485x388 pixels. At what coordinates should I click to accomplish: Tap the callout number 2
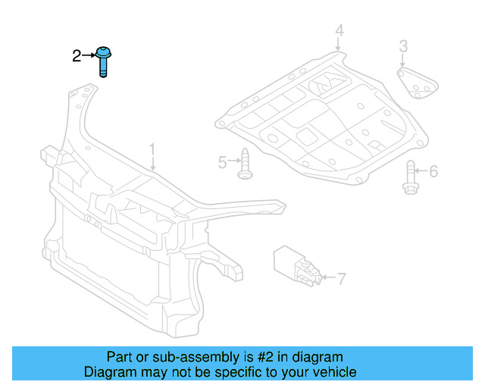76,55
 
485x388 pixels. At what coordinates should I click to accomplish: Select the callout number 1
152,149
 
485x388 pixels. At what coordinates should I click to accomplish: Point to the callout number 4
339,31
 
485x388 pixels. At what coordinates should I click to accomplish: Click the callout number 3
404,46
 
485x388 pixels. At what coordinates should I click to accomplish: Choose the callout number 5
223,162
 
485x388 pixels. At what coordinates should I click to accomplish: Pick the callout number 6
433,172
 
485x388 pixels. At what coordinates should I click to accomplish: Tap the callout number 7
341,279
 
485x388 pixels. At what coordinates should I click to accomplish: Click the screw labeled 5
245,164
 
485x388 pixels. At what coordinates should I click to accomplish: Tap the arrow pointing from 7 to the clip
327,279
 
